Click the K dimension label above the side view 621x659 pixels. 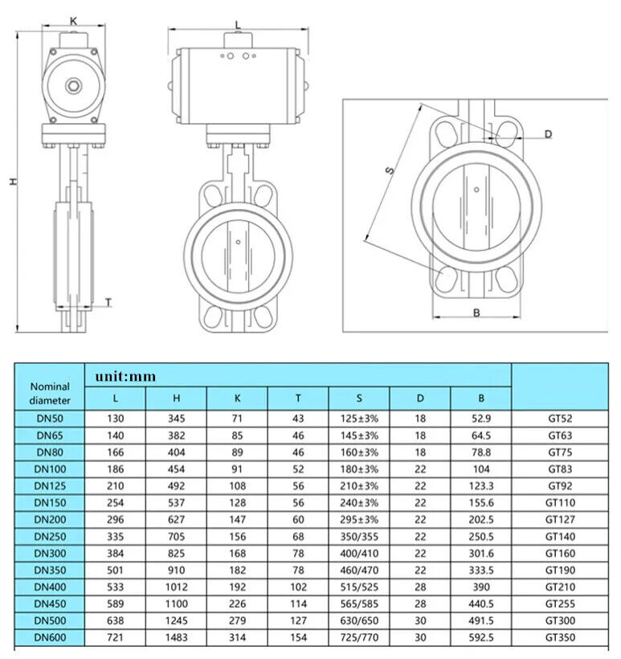[74, 21]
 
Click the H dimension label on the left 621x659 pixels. [14, 182]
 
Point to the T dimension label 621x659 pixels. [108, 303]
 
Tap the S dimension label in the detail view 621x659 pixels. [390, 170]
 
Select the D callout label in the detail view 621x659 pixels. [548, 134]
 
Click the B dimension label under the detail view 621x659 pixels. [476, 313]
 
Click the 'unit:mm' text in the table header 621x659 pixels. [125, 376]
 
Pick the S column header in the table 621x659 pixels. [359, 398]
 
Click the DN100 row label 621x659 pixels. [50, 469]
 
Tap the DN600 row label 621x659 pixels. [50, 637]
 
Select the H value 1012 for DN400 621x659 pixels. [177, 587]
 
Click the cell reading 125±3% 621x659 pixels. [359, 419]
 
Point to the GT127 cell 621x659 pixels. [560, 520]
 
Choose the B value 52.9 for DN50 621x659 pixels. [481, 419]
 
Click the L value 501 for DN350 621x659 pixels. [115, 571]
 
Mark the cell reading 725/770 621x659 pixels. [359, 637]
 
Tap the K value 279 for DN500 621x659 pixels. [237, 620]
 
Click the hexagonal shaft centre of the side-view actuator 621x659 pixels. [74, 86]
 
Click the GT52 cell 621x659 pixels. [560, 419]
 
